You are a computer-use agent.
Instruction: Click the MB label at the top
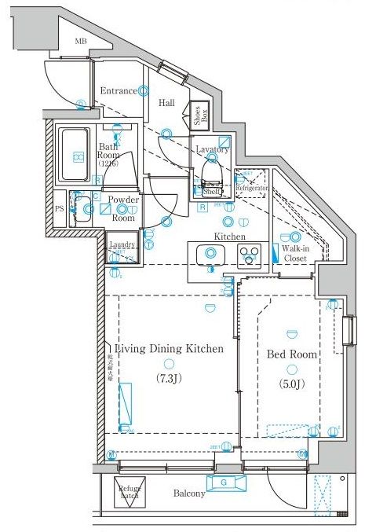click(x=81, y=41)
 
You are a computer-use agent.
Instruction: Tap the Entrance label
click(x=119, y=91)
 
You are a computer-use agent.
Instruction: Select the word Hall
click(x=166, y=103)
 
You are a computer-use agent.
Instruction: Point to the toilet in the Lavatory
click(x=211, y=170)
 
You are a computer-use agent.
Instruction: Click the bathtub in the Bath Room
click(x=77, y=153)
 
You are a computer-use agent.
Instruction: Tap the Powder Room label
click(x=123, y=209)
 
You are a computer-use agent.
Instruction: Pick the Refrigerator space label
click(x=253, y=189)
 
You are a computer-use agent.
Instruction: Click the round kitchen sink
click(x=210, y=253)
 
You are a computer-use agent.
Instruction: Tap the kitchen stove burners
click(x=250, y=254)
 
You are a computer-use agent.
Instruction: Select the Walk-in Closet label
click(x=295, y=252)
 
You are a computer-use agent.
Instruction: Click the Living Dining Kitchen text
click(x=169, y=348)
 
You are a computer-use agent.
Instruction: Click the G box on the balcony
click(x=225, y=482)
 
